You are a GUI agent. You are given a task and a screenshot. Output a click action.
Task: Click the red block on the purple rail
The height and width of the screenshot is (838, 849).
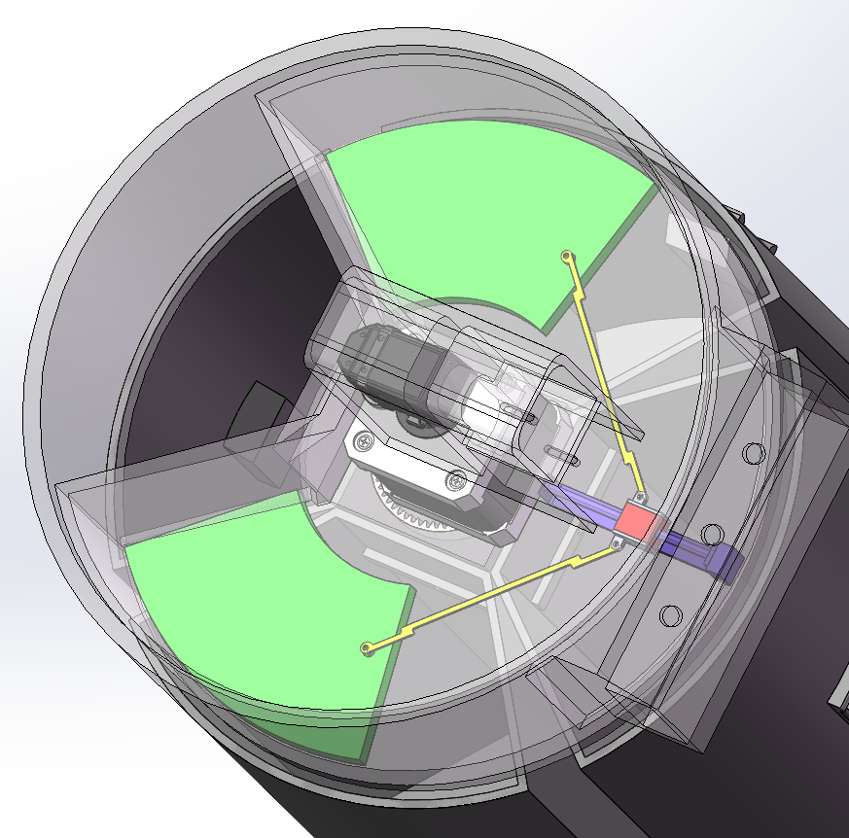coord(636,520)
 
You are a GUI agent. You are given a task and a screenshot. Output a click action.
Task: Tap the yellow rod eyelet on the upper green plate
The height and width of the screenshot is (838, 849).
coord(566,256)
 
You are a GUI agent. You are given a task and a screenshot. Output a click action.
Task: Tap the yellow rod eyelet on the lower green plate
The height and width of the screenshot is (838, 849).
coord(366,648)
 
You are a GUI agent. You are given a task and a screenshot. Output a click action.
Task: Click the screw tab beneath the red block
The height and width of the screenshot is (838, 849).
coord(618,542)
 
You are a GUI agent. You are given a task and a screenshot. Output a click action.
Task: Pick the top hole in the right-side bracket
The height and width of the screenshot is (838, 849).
coord(752,452)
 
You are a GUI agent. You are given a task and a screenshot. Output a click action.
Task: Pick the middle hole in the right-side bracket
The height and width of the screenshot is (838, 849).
coord(711,534)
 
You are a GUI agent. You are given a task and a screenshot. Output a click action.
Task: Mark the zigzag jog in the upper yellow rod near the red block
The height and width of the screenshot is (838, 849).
coord(630,457)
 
